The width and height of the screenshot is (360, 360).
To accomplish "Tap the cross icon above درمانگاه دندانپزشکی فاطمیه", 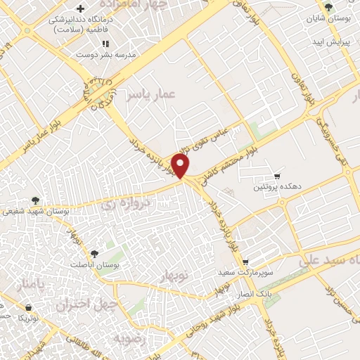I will click(81, 10).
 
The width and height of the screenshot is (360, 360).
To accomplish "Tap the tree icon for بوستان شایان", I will click(328, 8).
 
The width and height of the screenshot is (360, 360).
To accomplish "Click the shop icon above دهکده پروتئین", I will click(277, 176).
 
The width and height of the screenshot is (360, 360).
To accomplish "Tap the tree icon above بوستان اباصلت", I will click(95, 254).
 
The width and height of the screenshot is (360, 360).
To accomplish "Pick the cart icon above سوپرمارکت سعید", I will click(245, 261).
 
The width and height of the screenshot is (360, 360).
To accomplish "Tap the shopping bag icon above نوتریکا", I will click(28, 307).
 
